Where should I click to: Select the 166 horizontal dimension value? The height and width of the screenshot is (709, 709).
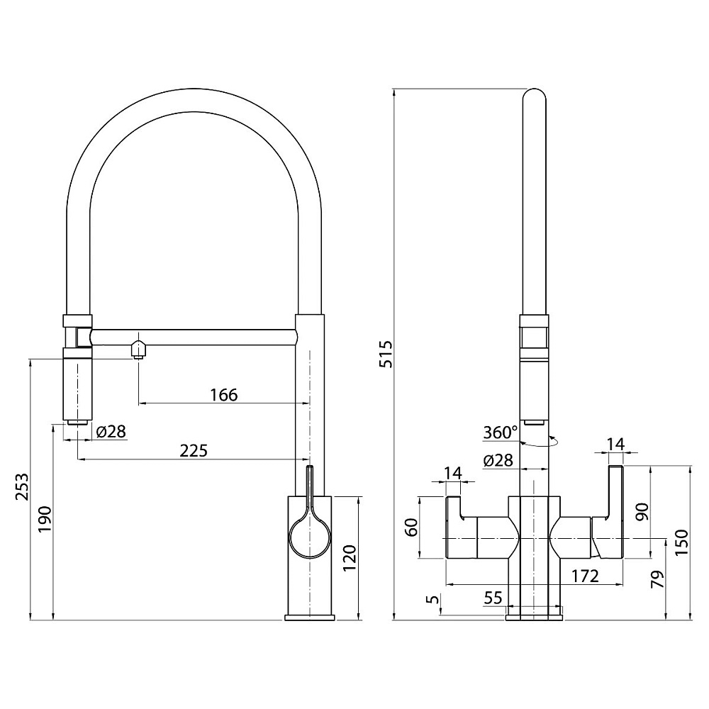[x=224, y=395]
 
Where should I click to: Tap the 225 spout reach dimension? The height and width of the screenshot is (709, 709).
[x=194, y=450]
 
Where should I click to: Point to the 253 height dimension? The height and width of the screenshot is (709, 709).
[x=22, y=487]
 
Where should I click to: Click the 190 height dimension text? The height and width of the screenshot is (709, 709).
[x=45, y=519]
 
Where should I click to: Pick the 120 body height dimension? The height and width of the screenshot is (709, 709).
[x=350, y=558]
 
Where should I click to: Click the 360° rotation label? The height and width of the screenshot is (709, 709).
[x=500, y=432]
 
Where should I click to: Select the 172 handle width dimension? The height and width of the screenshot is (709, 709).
[x=585, y=576]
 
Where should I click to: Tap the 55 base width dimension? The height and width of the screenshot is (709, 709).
[x=493, y=598]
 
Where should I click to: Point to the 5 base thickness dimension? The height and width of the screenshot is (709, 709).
[x=433, y=600]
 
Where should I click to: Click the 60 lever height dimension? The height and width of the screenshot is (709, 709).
[x=411, y=527]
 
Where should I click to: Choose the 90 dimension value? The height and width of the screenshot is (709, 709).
[x=642, y=511]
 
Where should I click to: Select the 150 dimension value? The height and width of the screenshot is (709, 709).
[x=683, y=542]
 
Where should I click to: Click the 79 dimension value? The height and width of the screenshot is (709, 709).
[x=658, y=579]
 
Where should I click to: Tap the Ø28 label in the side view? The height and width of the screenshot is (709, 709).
[x=111, y=431]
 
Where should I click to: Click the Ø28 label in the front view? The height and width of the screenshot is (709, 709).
[x=498, y=460]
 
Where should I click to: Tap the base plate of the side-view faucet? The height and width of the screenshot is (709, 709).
[x=310, y=618]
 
